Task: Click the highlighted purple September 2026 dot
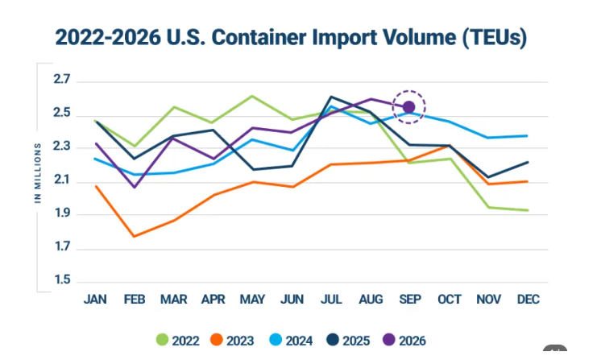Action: click(409, 107)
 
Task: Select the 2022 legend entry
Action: click(178, 340)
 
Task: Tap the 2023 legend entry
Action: click(232, 340)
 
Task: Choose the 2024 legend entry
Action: click(291, 340)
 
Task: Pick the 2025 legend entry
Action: click(348, 340)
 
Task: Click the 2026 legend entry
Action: click(404, 340)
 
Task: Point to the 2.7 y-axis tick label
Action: click(62, 79)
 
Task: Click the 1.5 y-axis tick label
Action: click(62, 279)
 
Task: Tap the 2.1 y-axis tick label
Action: click(62, 180)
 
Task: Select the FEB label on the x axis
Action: click(135, 299)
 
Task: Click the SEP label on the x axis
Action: click(410, 299)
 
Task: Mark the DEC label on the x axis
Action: click(528, 299)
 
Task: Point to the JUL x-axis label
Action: click(331, 299)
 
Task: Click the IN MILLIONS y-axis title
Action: click(38, 173)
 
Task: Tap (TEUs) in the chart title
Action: click(495, 38)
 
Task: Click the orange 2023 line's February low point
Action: click(134, 236)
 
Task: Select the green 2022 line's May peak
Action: click(252, 96)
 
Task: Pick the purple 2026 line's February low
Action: click(135, 187)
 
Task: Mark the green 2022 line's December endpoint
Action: click(528, 210)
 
